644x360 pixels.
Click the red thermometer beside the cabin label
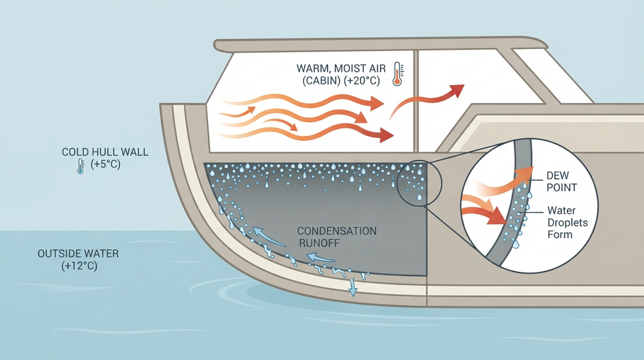pyautogui.click(x=397, y=74)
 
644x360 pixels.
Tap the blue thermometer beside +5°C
pyautogui.click(x=80, y=166)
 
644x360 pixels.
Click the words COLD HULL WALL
pyautogui.click(x=105, y=152)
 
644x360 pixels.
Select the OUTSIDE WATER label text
pyautogui.click(x=78, y=253)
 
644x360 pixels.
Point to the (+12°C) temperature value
pyautogui.click(x=79, y=266)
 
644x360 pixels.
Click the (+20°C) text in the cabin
pyautogui.click(x=362, y=81)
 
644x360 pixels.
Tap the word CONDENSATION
pyautogui.click(x=337, y=231)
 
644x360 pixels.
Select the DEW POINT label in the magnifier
pyautogui.click(x=562, y=181)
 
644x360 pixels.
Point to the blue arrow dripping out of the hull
pyautogui.click(x=352, y=287)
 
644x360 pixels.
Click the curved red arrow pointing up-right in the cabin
pyautogui.click(x=426, y=101)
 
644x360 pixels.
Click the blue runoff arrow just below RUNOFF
pyautogui.click(x=321, y=257)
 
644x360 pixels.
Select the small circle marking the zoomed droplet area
pyautogui.click(x=419, y=183)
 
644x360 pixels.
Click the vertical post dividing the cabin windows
pyautogui.click(x=416, y=101)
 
